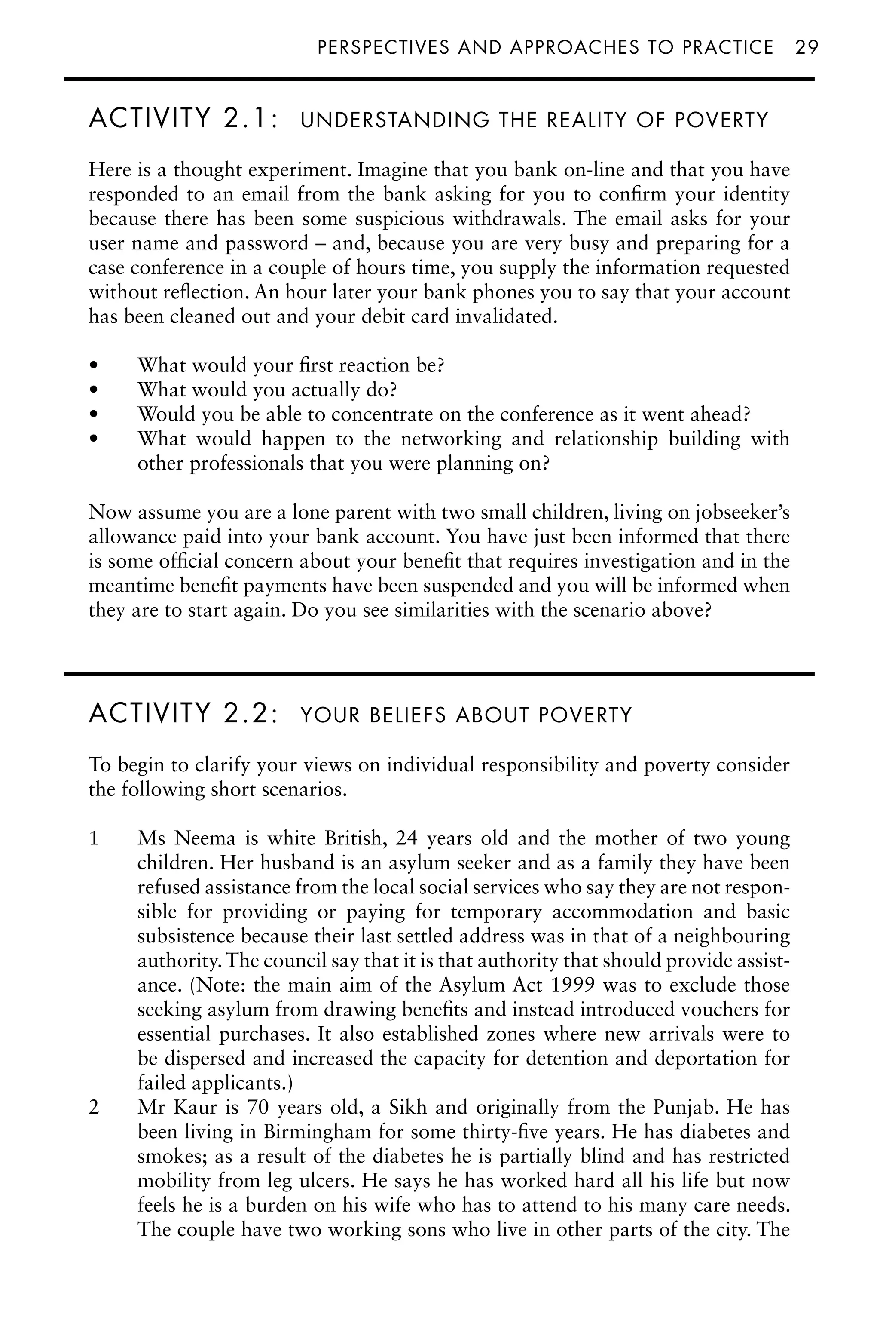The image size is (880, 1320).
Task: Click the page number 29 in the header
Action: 807,47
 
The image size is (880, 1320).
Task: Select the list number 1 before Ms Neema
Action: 94,838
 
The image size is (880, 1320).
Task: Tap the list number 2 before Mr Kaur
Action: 94,1108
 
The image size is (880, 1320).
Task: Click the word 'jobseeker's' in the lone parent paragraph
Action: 742,512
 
